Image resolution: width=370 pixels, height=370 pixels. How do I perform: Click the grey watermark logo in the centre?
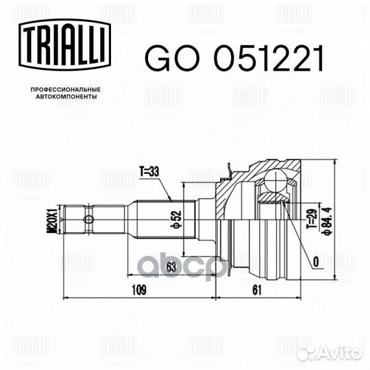206,264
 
